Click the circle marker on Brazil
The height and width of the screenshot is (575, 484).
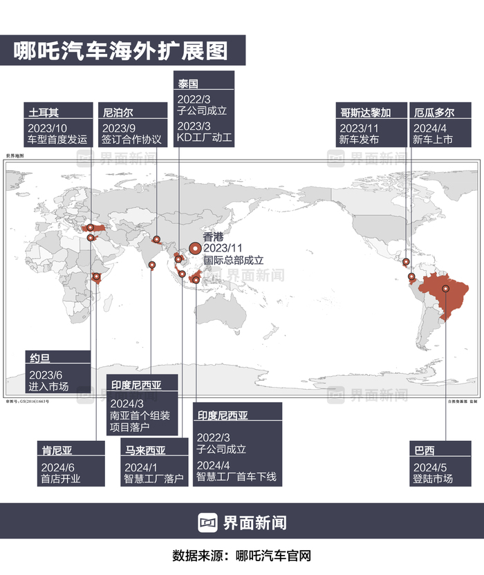[x=446, y=289]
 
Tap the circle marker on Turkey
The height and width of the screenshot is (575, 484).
[x=90, y=227]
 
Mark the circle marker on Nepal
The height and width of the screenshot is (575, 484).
[x=158, y=240]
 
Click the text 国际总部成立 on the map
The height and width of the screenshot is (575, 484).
[x=234, y=261]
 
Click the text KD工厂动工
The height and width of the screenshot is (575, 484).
[x=205, y=138]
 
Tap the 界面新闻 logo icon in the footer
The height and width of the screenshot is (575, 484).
[x=208, y=523]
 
